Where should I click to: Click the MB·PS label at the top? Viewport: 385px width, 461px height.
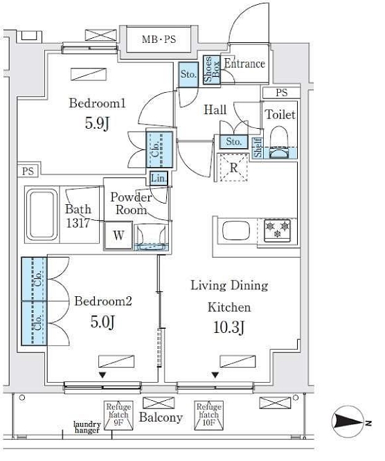point(159,39)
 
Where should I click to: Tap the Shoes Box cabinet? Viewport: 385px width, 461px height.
point(212,70)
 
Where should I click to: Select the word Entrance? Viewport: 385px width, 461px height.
point(244,64)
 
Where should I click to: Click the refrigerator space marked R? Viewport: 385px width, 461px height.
point(233,168)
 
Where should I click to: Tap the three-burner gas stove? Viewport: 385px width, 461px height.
point(278,230)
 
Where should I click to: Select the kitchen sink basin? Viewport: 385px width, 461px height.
point(236,230)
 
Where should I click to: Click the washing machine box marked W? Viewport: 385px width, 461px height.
point(118,235)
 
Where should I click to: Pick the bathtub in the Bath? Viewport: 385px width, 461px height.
point(42,215)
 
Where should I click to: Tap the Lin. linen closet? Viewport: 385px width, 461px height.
point(159,178)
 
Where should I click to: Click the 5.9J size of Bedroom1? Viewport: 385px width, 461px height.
point(97,123)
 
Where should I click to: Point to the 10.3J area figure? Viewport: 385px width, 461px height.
point(229,327)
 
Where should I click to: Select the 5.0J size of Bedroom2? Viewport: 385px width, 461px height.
point(102,322)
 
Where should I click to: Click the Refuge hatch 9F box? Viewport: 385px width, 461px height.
point(118,415)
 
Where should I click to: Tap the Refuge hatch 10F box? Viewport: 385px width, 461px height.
point(208,415)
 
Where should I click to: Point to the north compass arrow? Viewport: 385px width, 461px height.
point(350,422)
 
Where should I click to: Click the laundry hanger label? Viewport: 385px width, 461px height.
point(87,427)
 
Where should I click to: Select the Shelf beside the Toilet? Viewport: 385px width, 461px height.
point(258,148)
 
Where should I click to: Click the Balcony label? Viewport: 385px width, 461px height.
point(161,417)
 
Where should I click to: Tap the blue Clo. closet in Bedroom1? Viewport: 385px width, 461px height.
point(159,150)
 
